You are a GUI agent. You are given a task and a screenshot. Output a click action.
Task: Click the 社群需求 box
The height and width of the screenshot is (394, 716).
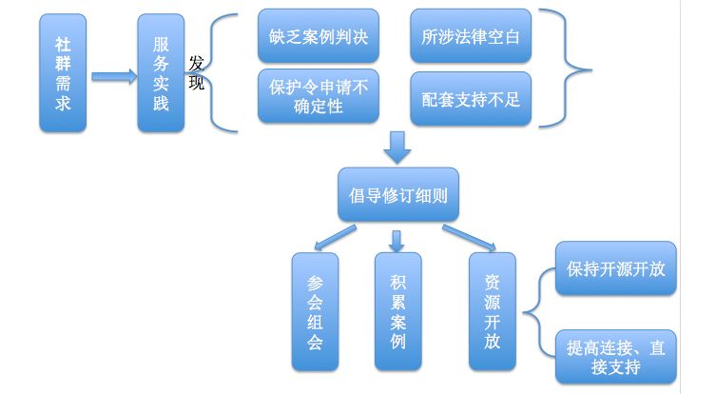tap(63, 73)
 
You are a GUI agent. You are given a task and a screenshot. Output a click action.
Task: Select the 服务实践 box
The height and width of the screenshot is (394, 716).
tap(161, 73)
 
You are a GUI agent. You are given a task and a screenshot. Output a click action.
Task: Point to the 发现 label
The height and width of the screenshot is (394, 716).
tap(196, 73)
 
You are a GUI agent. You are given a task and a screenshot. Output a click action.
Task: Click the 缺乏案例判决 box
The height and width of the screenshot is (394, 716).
tap(318, 36)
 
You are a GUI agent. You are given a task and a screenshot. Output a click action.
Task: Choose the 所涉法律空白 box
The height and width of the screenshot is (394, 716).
tap(471, 36)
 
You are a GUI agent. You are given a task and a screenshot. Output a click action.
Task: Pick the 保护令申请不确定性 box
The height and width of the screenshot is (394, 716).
tap(318, 96)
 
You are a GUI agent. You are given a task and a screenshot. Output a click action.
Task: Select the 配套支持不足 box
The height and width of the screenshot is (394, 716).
tap(471, 96)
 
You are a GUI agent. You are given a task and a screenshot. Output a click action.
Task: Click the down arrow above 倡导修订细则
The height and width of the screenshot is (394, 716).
tap(397, 147)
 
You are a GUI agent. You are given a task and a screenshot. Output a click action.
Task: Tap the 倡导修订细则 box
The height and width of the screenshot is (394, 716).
tap(398, 197)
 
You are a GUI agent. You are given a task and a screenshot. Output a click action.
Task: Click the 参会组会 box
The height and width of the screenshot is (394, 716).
tap(315, 311)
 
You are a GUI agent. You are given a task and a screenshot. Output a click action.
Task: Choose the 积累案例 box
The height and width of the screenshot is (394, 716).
tap(397, 311)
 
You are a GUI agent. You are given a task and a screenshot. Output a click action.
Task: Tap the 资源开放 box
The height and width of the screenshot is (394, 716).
tap(492, 311)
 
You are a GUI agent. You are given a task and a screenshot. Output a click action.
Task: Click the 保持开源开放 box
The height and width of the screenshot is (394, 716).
tap(615, 269)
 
